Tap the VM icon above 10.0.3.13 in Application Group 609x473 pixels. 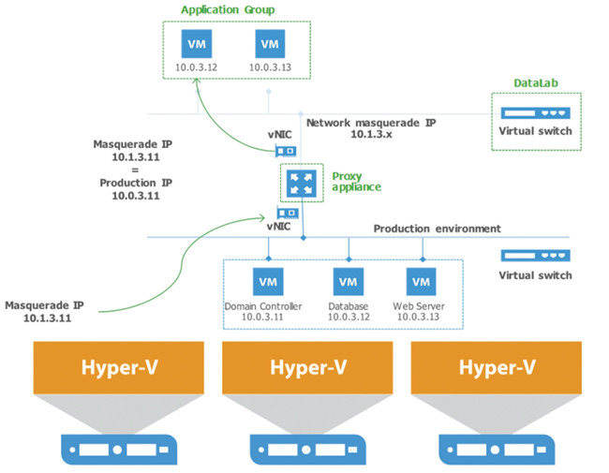point(269,44)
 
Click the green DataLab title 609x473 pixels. point(534,83)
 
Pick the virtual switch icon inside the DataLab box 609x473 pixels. point(535,111)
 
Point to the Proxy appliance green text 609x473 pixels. point(355,181)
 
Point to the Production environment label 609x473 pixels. point(437,229)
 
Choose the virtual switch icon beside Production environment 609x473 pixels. point(535,255)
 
